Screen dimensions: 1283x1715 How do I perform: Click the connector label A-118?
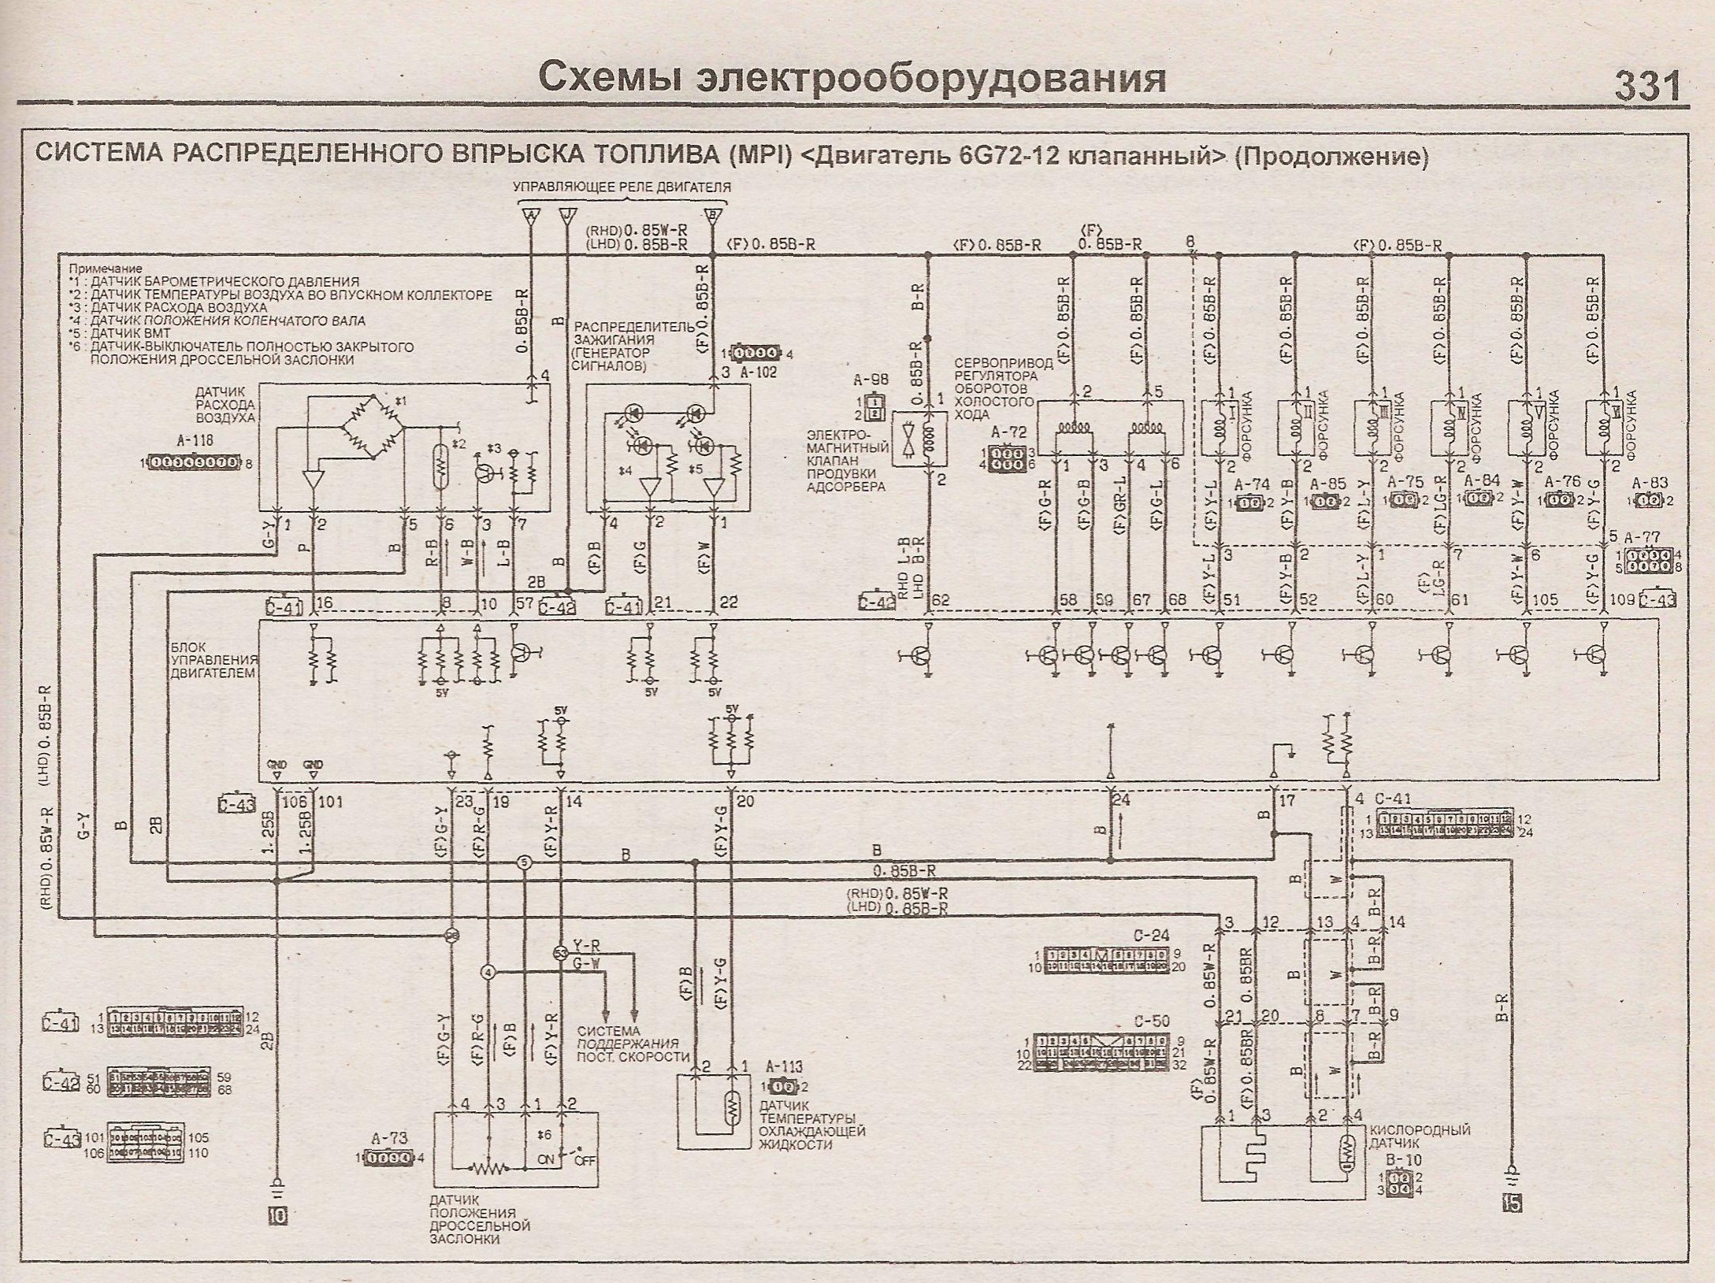[x=195, y=442]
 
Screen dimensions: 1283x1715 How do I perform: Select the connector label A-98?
[x=870, y=380]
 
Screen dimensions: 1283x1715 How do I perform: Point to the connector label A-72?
[x=1009, y=432]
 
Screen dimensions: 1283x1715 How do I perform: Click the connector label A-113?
[x=784, y=1066]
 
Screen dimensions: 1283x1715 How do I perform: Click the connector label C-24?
[x=1151, y=936]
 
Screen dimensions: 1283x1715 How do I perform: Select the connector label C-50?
[x=1152, y=1022]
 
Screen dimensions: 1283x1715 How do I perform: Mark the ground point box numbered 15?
[x=1512, y=1203]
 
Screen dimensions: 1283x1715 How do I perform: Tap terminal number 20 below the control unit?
[x=745, y=802]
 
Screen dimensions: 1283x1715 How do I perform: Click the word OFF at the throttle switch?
[x=585, y=1161]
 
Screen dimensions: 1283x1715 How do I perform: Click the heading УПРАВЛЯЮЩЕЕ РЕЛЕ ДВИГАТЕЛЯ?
[x=622, y=187]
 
